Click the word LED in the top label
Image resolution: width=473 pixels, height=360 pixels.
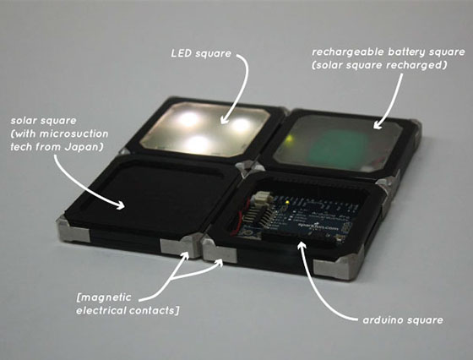pyautogui.click(x=182, y=53)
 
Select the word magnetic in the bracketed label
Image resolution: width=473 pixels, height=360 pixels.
pyautogui.click(x=105, y=297)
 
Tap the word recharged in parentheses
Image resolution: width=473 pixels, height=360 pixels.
pyautogui.click(x=420, y=65)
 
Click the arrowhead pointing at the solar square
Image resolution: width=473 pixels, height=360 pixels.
pyautogui.click(x=121, y=205)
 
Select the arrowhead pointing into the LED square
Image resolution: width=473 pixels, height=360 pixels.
pyautogui.click(x=223, y=120)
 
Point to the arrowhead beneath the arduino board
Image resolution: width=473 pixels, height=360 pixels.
pyautogui.click(x=302, y=245)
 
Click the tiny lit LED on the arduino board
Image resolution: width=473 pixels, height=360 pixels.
pyautogui.click(x=287, y=202)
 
